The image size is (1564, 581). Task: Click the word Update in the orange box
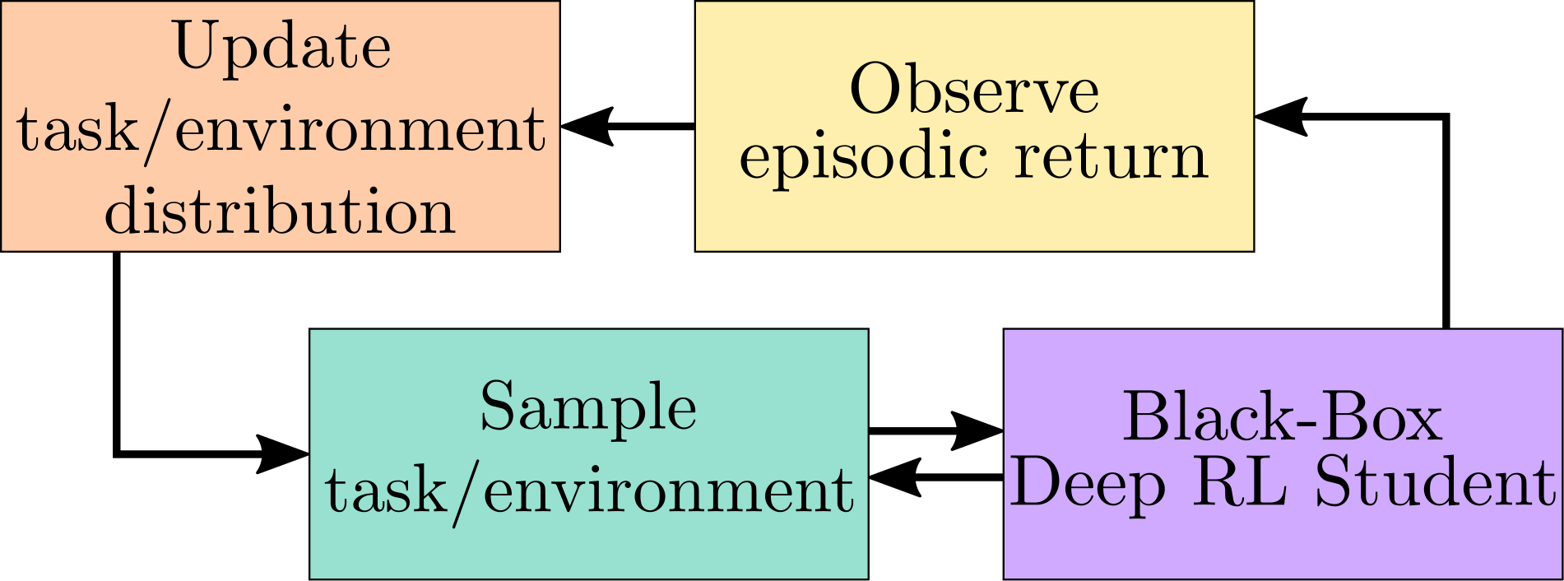(282, 48)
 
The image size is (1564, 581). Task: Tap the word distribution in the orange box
(280, 212)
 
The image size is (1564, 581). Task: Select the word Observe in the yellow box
(973, 91)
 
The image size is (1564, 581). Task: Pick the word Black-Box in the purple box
(1282, 418)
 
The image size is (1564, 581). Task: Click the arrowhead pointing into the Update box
(586, 127)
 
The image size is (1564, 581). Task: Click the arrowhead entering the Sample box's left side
(283, 453)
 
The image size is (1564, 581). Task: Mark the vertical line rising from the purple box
(1446, 230)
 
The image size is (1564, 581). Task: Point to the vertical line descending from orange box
(117, 354)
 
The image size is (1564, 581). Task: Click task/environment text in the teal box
(589, 492)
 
